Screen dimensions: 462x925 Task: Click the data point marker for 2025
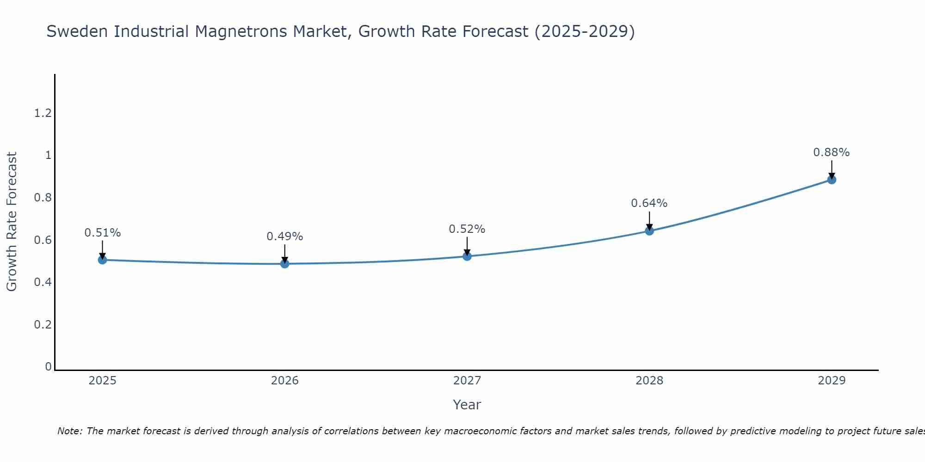point(103,260)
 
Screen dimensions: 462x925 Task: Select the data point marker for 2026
point(285,264)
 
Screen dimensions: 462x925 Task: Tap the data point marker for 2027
point(467,256)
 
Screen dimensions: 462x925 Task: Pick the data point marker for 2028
point(649,231)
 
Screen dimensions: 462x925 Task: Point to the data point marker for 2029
point(832,180)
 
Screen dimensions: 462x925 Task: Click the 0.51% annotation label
point(103,233)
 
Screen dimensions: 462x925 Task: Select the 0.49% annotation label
point(285,237)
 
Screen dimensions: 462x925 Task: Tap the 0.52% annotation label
point(467,229)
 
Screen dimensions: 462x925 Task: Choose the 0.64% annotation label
point(649,203)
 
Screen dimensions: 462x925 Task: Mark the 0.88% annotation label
point(832,152)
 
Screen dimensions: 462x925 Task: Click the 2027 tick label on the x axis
point(467,381)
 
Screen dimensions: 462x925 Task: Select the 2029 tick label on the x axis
point(832,381)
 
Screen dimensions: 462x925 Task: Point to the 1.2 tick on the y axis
point(43,113)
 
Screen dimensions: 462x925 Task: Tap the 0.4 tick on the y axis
point(43,282)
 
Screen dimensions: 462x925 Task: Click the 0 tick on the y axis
point(48,366)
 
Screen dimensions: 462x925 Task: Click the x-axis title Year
point(467,405)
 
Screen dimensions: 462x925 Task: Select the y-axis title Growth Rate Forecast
point(12,222)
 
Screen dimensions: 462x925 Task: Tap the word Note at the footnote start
point(69,431)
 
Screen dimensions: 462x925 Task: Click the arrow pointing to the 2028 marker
point(649,221)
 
